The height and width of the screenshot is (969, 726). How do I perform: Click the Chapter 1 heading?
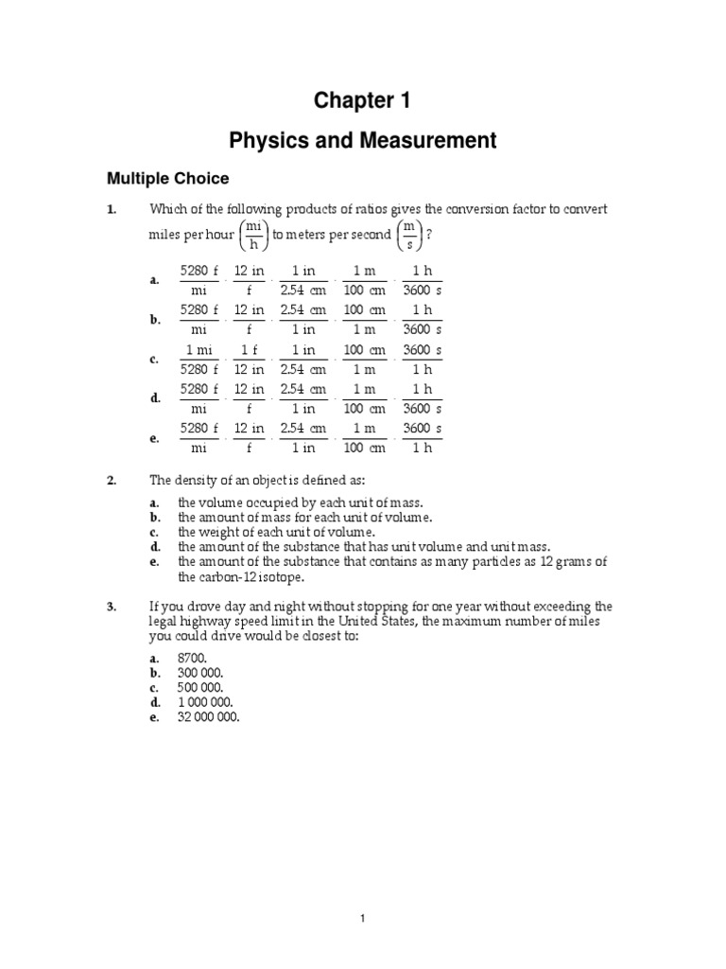coord(362,101)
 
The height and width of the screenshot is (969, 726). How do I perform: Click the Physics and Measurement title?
coord(362,141)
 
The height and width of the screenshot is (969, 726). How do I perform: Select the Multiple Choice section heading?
coord(167,178)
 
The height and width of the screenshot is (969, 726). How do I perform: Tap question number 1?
coord(111,209)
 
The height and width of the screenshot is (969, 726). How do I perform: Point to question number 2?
coord(111,482)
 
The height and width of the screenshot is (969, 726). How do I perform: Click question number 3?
coord(111,607)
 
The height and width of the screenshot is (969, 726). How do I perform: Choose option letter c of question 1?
coord(154,360)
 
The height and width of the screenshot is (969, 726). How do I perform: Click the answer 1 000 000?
coord(205,702)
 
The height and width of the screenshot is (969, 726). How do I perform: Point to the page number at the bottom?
coord(362,918)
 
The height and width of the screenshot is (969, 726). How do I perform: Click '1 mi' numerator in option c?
coord(199,350)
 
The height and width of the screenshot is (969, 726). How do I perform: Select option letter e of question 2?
coord(154,562)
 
